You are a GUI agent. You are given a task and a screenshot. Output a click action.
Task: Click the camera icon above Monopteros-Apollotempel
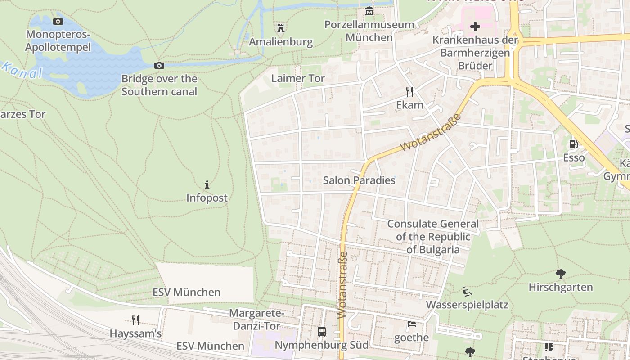(58, 21)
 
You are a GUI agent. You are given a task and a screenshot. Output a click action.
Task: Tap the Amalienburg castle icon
(281, 29)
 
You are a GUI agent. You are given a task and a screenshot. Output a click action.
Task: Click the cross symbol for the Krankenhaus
(475, 27)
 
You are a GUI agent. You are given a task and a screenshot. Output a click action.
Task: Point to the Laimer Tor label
(298, 78)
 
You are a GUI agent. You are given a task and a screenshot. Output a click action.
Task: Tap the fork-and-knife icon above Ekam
(409, 92)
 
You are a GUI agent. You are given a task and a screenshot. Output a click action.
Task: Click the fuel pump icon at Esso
(574, 144)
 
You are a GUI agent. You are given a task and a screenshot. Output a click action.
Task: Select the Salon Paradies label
(359, 180)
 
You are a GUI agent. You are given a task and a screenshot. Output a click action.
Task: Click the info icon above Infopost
(207, 184)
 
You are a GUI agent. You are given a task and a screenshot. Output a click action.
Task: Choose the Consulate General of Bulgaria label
(433, 237)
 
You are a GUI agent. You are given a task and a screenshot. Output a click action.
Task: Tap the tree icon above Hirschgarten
(560, 274)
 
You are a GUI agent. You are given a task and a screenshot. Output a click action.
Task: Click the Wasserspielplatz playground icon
(467, 292)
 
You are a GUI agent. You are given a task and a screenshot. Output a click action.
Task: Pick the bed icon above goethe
(411, 324)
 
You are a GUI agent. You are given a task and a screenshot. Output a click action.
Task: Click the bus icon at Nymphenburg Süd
(322, 332)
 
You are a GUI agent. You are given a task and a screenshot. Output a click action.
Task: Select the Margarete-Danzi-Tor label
(256, 319)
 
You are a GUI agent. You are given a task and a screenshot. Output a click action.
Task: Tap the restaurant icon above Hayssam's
(135, 320)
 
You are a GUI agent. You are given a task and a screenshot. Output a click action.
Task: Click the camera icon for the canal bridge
(159, 66)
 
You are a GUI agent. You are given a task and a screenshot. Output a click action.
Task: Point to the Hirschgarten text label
(560, 287)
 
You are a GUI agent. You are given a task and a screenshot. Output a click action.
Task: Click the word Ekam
(409, 105)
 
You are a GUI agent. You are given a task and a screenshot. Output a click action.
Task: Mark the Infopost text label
(207, 198)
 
